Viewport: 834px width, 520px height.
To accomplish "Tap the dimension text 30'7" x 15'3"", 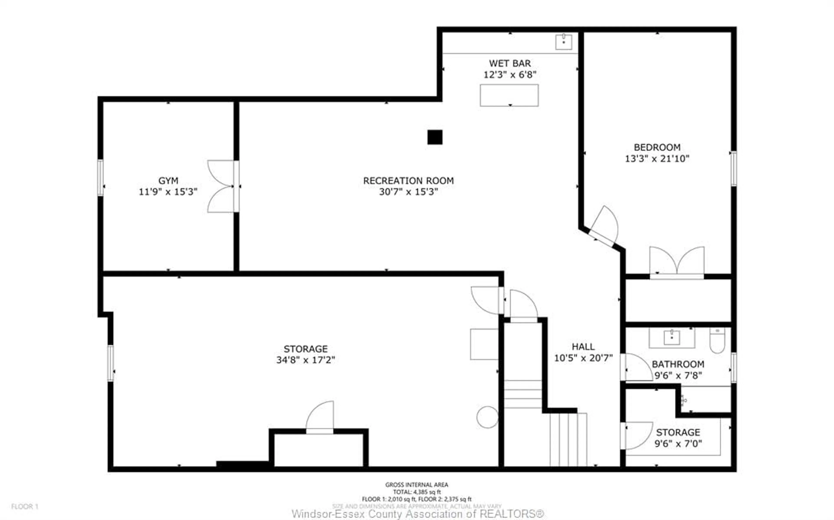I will point(408,192).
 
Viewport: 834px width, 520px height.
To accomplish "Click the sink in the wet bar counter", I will point(564,42).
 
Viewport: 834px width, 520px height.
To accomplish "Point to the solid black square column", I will point(435,137).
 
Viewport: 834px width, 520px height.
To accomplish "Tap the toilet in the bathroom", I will point(717,341).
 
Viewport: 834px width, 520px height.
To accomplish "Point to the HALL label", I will point(583,347).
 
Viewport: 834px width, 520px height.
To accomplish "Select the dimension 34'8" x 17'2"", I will point(306,360).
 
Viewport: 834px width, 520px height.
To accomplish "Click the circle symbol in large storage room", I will point(487,417).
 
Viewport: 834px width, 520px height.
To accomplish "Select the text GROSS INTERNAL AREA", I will point(416,485).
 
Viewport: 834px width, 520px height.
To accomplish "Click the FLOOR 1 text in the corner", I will point(25,507).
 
